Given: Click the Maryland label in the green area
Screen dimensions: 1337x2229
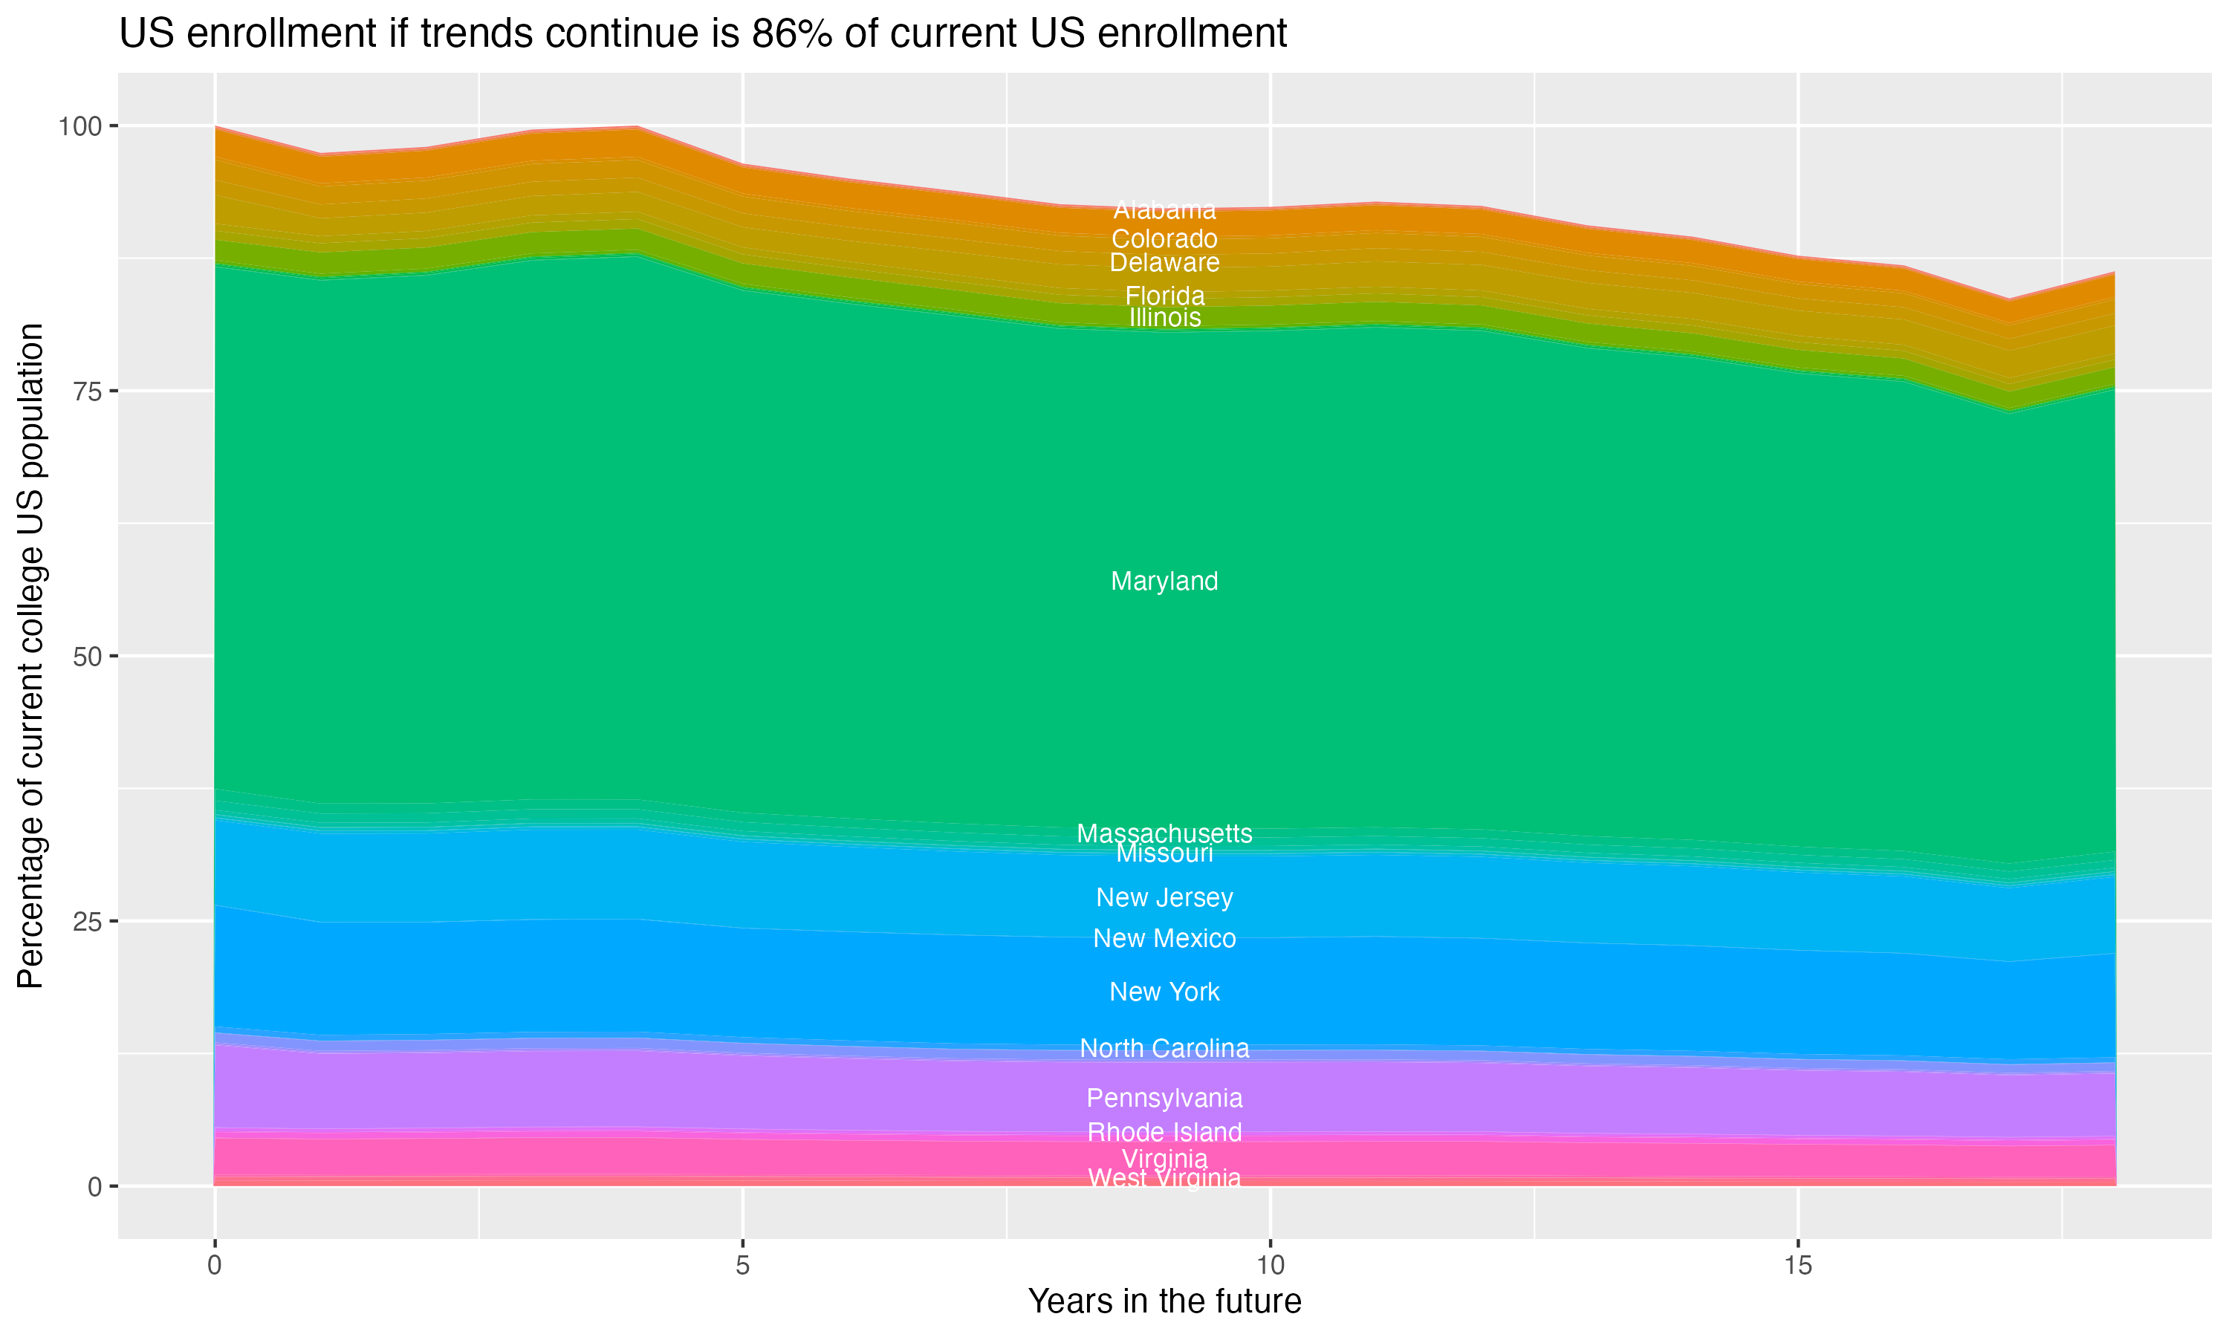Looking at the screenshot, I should click(x=1164, y=581).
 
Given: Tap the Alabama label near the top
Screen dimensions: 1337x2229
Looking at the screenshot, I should click(x=1164, y=210).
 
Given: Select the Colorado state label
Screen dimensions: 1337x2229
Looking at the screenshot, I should click(x=1164, y=238).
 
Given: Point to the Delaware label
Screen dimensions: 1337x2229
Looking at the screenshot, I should click(x=1164, y=262).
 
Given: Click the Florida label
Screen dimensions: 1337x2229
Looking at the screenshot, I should click(x=1164, y=295).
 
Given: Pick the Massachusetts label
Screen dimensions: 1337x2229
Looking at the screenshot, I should click(x=1164, y=833).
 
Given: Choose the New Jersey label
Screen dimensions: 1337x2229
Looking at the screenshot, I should click(x=1164, y=897).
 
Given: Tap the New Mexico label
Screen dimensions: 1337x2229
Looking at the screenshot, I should click(x=1164, y=939).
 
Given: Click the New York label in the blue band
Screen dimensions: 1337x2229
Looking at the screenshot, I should click(x=1164, y=992).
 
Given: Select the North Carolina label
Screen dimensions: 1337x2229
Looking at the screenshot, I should click(x=1164, y=1049).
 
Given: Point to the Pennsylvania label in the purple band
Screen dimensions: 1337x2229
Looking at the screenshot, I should click(x=1164, y=1099).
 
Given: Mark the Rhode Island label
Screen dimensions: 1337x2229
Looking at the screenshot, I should click(x=1164, y=1131).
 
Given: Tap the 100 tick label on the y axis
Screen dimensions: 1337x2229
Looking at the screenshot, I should click(x=80, y=126).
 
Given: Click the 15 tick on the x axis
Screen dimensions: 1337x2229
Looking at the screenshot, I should click(x=1797, y=1266).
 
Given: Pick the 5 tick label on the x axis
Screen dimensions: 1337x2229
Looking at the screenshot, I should click(x=742, y=1266).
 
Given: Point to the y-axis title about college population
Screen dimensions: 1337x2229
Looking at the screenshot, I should click(x=30, y=656).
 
